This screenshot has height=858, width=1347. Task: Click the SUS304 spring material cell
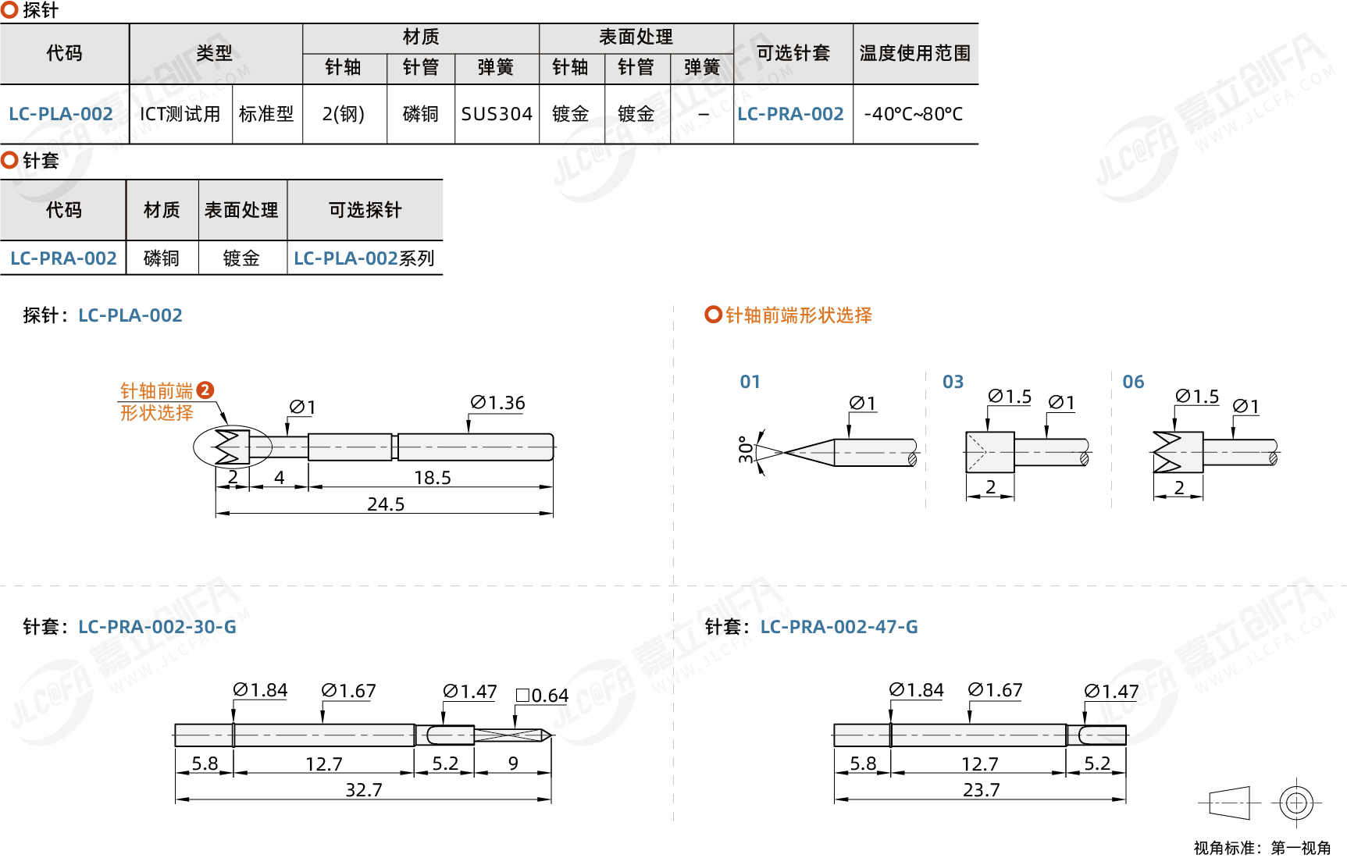[497, 114]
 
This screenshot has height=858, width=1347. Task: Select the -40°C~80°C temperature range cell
[914, 114]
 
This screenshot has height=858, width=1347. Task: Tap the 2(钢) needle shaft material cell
[344, 114]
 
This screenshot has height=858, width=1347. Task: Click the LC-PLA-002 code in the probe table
[61, 114]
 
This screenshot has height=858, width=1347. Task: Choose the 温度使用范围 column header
[914, 53]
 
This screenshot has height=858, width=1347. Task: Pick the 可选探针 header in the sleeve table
[365, 210]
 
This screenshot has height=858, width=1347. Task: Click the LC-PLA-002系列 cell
[364, 258]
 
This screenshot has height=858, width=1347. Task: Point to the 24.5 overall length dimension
[386, 504]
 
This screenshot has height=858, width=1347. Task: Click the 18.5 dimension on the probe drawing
[433, 478]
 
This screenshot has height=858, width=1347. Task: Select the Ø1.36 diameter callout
[497, 403]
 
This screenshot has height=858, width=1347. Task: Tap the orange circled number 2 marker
[205, 390]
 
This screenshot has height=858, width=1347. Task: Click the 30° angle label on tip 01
[746, 450]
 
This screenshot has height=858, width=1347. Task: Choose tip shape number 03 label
[953, 382]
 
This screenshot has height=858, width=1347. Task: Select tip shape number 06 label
[1133, 382]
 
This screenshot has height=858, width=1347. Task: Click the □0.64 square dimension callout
[542, 696]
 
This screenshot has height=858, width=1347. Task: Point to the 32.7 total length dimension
[364, 790]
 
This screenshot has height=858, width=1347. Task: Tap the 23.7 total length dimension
[981, 790]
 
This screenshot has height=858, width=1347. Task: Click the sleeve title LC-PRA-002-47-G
[839, 627]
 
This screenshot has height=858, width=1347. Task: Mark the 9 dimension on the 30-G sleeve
[513, 764]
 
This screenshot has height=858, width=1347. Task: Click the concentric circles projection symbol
[1296, 803]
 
